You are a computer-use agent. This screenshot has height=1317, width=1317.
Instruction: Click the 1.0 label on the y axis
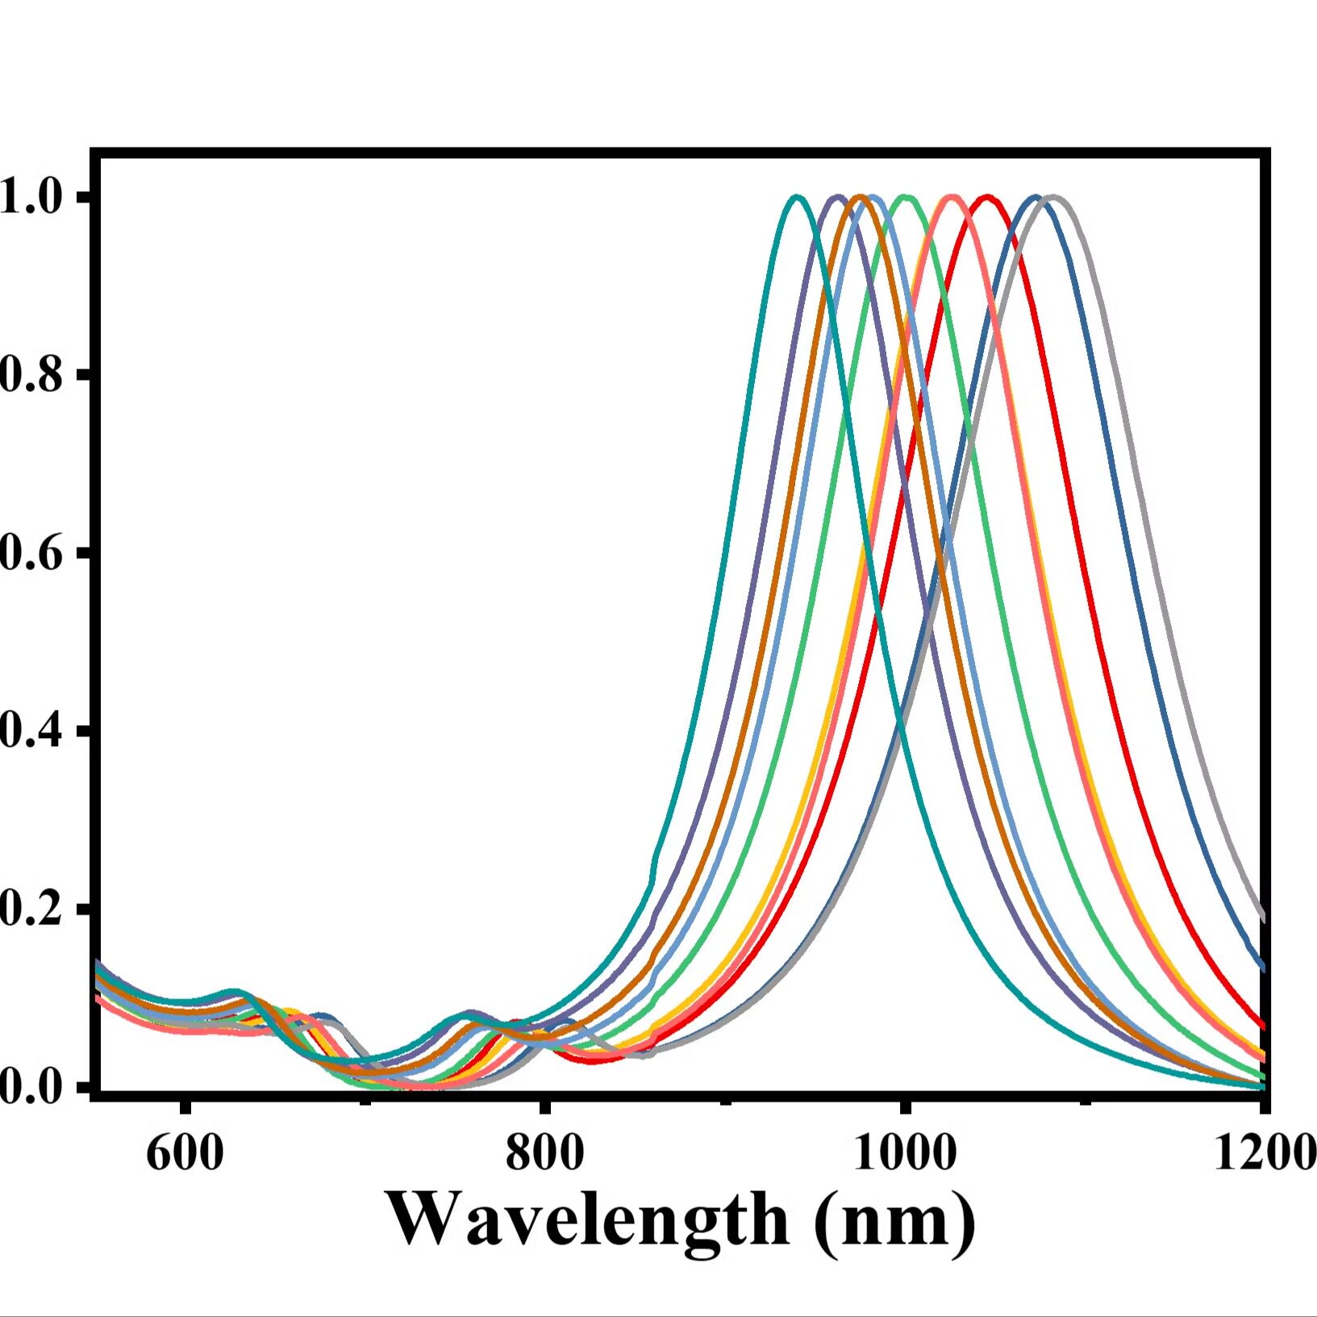pyautogui.click(x=31, y=198)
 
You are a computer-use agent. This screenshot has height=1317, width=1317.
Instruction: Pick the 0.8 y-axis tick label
pyautogui.click(x=31, y=375)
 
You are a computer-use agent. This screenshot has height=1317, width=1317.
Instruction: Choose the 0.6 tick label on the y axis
pyautogui.click(x=31, y=553)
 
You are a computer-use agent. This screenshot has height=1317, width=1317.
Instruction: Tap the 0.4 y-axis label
pyautogui.click(x=31, y=731)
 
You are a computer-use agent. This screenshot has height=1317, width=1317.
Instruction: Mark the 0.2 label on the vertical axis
pyautogui.click(x=31, y=909)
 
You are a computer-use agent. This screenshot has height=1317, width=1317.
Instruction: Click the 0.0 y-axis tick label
pyautogui.click(x=31, y=1086)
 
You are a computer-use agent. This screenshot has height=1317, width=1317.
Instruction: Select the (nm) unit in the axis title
pyautogui.click(x=894, y=1220)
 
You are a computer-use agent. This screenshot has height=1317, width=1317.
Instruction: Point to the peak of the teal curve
pyautogui.click(x=797, y=197)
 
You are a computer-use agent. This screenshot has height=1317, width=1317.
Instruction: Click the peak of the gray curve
pyautogui.click(x=1052, y=197)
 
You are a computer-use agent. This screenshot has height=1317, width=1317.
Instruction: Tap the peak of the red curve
pyautogui.click(x=986, y=197)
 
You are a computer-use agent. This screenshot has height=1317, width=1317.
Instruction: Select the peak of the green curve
pyautogui.click(x=906, y=197)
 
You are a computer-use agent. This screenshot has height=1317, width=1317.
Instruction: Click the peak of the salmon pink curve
pyautogui.click(x=952, y=197)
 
